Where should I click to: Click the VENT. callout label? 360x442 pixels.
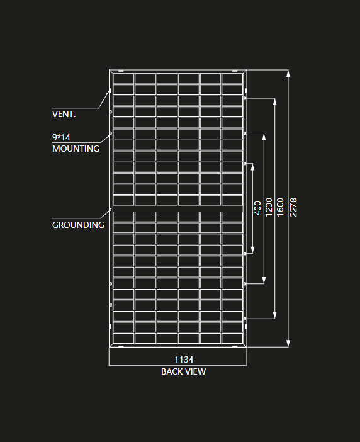64,114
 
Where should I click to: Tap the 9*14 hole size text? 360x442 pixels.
61,137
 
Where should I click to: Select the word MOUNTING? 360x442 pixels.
76,149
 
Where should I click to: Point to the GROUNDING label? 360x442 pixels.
78,225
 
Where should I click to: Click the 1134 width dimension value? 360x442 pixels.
184,360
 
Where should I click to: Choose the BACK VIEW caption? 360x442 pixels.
183,371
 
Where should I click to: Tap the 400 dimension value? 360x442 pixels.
257,208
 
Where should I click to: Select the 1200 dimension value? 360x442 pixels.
269,207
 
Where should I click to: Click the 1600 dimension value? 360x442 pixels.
280,207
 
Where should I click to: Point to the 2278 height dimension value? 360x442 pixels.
293,207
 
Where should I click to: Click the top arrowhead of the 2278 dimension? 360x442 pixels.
288,73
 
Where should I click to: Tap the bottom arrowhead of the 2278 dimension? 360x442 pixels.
288,343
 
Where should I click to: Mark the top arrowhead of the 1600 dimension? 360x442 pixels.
275,102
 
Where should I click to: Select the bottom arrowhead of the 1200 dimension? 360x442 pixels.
264,280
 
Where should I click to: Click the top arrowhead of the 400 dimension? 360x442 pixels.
252,167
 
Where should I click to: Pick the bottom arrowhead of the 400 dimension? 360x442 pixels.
252,250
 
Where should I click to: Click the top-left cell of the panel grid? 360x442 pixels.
123,79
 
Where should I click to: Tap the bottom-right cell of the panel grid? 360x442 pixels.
232,338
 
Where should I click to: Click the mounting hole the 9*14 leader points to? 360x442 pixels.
111,133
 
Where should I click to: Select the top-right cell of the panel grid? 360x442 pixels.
232,79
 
